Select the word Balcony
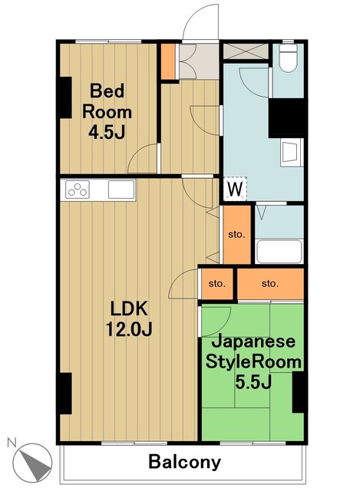184,463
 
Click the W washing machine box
236,187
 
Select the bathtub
279,251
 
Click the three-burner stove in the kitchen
79,188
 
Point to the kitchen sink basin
121,188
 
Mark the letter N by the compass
12,443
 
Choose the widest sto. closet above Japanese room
269,284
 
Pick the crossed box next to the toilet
246,52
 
